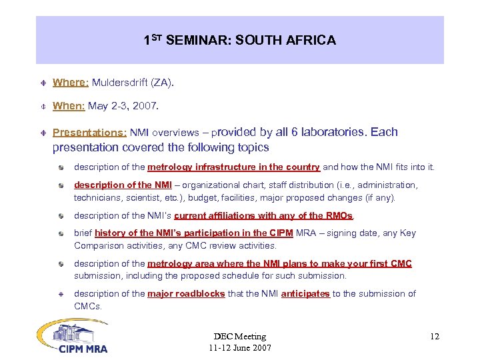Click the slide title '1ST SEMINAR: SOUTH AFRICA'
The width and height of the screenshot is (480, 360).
[x=239, y=41]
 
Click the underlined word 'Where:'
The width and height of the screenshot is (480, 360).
[x=71, y=83]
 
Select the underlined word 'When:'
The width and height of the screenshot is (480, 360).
[x=69, y=105]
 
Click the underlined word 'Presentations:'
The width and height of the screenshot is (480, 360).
[x=89, y=132]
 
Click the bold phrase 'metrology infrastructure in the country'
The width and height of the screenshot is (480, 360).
[x=233, y=167]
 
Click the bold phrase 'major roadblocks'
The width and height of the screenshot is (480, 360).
[x=186, y=294]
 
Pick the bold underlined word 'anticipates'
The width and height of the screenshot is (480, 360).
[x=305, y=294]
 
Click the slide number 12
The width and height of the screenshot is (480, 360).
[x=435, y=337]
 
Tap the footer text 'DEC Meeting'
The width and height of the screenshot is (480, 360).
[x=239, y=337]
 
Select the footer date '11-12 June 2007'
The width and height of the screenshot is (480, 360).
[x=239, y=348]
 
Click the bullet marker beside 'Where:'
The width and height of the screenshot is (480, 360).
[x=41, y=83]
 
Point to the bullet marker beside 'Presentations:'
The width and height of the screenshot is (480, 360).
[x=41, y=133]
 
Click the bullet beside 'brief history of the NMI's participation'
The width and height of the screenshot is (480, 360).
[x=61, y=233]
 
